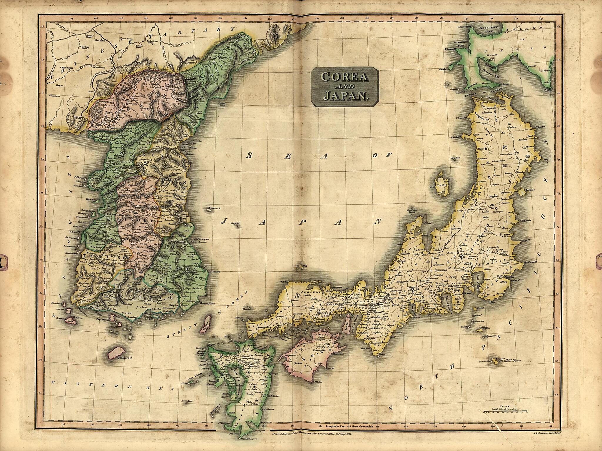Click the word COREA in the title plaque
[345, 77]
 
